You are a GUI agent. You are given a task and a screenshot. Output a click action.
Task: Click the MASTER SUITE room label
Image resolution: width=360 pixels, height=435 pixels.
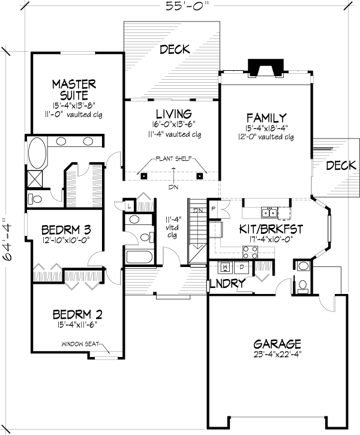(x=74, y=89)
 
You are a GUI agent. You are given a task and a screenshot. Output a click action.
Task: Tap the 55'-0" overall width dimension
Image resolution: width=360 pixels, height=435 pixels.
(x=187, y=5)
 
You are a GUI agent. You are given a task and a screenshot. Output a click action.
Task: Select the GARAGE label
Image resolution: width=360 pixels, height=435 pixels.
(x=277, y=344)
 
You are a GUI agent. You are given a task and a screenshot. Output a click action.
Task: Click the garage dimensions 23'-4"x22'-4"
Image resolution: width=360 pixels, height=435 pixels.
(x=277, y=354)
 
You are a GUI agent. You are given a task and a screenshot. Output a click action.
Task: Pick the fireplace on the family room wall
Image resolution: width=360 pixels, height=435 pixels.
(x=266, y=67)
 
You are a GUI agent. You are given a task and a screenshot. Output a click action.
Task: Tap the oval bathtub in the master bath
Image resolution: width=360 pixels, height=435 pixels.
(x=37, y=153)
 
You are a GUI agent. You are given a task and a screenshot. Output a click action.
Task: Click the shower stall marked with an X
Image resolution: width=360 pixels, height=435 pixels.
(x=35, y=179)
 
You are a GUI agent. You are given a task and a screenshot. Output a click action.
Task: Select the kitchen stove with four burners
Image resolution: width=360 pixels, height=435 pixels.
(x=250, y=252)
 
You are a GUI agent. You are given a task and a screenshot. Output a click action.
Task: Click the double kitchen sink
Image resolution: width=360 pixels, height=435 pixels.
(x=269, y=213)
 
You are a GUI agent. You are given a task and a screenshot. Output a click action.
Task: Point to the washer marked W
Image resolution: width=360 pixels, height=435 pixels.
(x=226, y=267)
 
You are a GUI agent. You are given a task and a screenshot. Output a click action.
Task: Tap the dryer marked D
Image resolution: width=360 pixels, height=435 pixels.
(x=242, y=267)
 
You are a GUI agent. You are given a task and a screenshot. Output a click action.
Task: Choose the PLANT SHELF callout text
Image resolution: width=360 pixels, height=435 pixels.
(x=173, y=158)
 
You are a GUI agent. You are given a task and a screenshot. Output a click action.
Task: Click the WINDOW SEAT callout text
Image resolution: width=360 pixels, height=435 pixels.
(x=80, y=344)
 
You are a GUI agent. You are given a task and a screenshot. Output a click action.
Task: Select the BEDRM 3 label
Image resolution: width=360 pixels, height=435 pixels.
(x=66, y=230)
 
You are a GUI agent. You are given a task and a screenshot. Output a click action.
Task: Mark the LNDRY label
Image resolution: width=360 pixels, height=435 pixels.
(x=228, y=283)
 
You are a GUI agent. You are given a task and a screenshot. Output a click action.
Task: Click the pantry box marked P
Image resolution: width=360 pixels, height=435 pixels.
(x=214, y=209)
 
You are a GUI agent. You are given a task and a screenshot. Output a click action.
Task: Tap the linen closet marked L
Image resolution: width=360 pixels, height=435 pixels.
(x=129, y=206)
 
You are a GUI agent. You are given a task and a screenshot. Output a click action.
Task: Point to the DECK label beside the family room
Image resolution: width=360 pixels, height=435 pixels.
(x=341, y=166)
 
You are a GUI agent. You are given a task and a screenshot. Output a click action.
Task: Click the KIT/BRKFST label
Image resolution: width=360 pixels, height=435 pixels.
(x=271, y=229)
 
